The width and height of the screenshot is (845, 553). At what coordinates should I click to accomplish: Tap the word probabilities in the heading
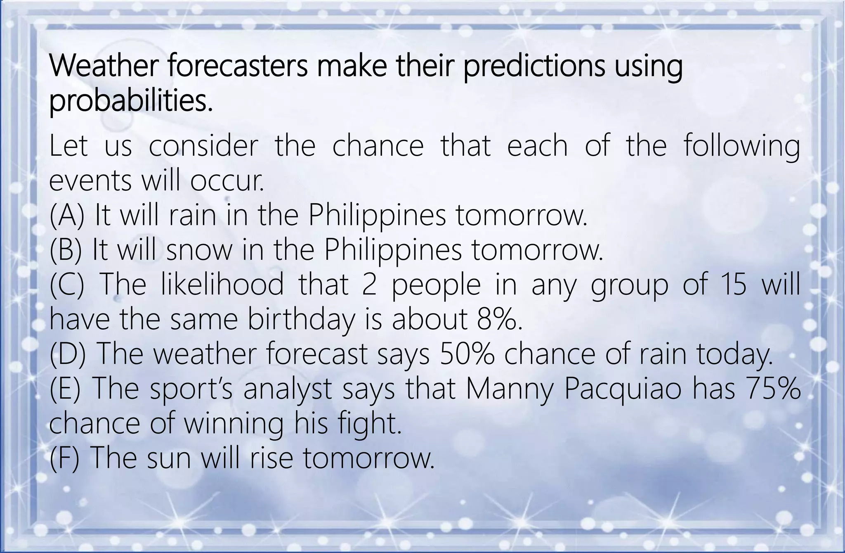(131, 102)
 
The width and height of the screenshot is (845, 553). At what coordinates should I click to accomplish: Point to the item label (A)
(67, 216)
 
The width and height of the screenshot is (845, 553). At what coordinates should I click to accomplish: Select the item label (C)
(67, 285)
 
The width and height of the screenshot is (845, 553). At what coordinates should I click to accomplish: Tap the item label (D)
(68, 354)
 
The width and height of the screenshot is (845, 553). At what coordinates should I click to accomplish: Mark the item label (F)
(65, 458)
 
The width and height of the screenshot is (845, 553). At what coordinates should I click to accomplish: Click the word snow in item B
(199, 251)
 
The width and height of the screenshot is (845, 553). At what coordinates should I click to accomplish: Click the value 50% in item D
(467, 354)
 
